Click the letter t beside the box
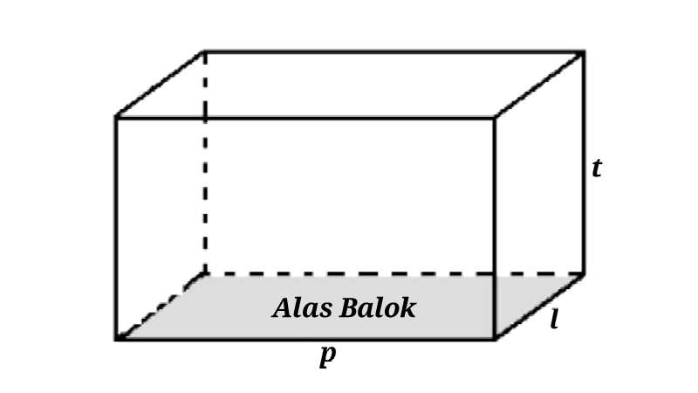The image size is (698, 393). pos(596,168)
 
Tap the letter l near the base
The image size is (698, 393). pos(554,321)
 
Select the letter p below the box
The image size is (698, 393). pos(328,355)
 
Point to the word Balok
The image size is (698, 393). pos(378,308)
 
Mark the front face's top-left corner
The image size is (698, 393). pos(116,117)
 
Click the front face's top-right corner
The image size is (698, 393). pos(495,117)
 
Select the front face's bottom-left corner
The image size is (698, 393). pos(116,338)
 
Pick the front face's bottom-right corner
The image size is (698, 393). pos(495,338)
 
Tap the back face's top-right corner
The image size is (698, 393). pos(584,52)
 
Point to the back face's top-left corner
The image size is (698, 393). pos(205,52)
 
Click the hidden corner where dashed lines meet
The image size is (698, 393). pos(205,273)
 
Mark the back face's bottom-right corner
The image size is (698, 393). pos(584,273)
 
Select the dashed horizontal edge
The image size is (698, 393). pos(393,273)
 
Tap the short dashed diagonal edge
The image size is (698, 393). pos(161,306)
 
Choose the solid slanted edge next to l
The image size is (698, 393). pos(539,306)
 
